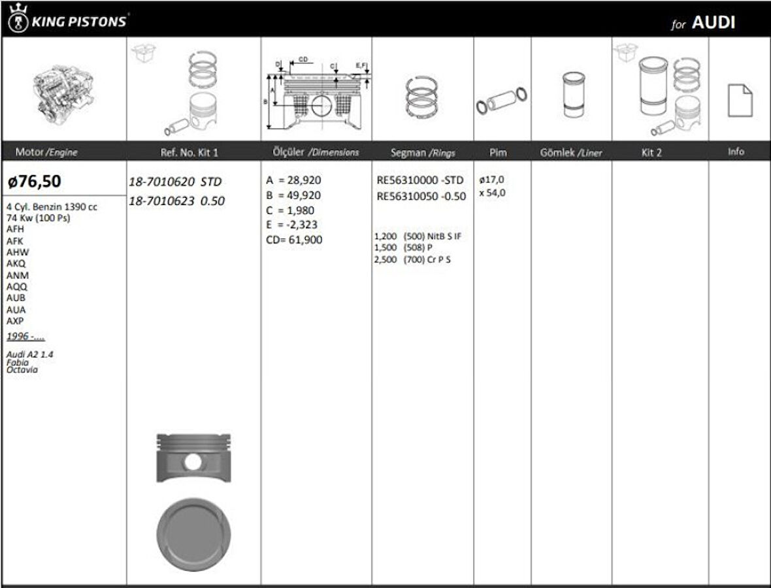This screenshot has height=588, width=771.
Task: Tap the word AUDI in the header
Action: pyautogui.click(x=714, y=22)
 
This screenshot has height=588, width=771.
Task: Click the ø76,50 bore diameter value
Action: pyautogui.click(x=35, y=181)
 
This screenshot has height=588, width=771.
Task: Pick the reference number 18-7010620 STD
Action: pyautogui.click(x=176, y=182)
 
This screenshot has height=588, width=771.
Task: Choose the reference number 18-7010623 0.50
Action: pyautogui.click(x=176, y=201)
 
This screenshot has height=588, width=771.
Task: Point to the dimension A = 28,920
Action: pyautogui.click(x=293, y=180)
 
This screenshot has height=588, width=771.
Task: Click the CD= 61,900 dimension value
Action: pyautogui.click(x=293, y=240)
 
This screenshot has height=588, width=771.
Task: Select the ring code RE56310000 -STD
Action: pyautogui.click(x=421, y=180)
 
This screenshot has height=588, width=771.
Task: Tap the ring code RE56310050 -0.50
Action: pyautogui.click(x=421, y=196)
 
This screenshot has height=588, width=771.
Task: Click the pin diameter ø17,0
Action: pyautogui.click(x=491, y=180)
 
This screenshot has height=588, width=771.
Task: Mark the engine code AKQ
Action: pyautogui.click(x=17, y=263)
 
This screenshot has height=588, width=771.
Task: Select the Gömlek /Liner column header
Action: pyautogui.click(x=571, y=152)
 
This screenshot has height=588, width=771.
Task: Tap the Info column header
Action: pyautogui.click(x=736, y=152)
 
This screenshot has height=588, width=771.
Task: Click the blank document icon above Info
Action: pyautogui.click(x=740, y=101)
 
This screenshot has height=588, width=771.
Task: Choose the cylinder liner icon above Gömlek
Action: pyautogui.click(x=571, y=95)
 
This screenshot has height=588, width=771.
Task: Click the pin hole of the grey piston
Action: pyautogui.click(x=193, y=461)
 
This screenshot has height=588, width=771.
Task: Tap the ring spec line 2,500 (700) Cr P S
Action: pyautogui.click(x=412, y=259)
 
